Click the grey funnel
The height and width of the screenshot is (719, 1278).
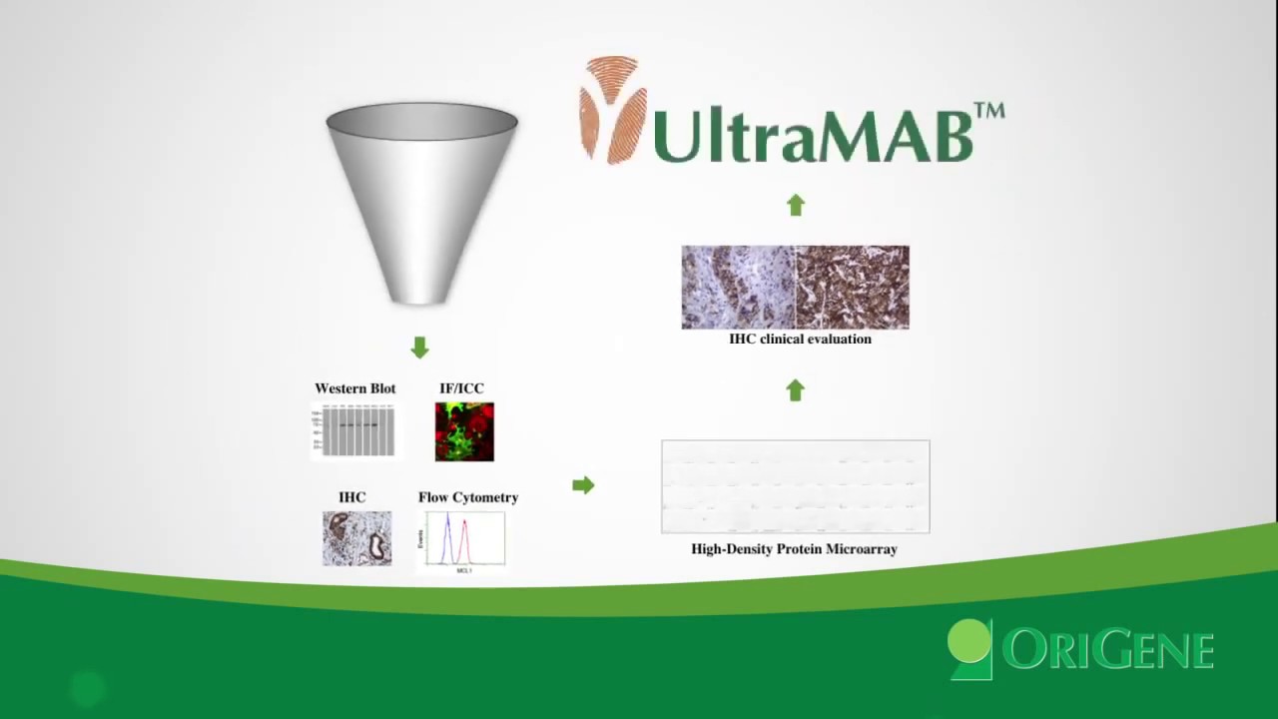(x=421, y=200)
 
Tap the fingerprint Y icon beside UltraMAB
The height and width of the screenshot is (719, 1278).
(x=611, y=110)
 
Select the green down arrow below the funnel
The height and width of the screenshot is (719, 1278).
(x=419, y=348)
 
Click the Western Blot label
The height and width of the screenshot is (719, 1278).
(x=354, y=388)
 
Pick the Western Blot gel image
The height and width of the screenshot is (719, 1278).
(x=354, y=431)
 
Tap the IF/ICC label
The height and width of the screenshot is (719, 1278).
(x=461, y=388)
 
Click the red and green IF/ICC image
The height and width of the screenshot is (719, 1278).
(x=464, y=431)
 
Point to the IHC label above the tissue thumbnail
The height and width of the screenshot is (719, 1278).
(x=351, y=497)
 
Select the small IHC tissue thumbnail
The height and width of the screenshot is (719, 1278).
(x=356, y=538)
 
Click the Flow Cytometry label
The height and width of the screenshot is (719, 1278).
(x=468, y=497)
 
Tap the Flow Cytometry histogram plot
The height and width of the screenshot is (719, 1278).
(x=465, y=540)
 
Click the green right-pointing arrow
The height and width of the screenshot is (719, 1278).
(x=583, y=485)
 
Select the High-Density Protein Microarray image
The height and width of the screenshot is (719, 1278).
(x=795, y=486)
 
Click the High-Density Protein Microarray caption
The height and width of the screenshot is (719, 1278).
(x=794, y=549)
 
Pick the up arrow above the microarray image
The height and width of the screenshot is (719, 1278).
(x=795, y=390)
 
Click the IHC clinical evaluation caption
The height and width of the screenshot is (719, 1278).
(x=800, y=340)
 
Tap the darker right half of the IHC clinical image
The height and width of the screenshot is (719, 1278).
(x=853, y=288)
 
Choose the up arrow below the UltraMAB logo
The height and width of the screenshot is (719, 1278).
(x=795, y=206)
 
